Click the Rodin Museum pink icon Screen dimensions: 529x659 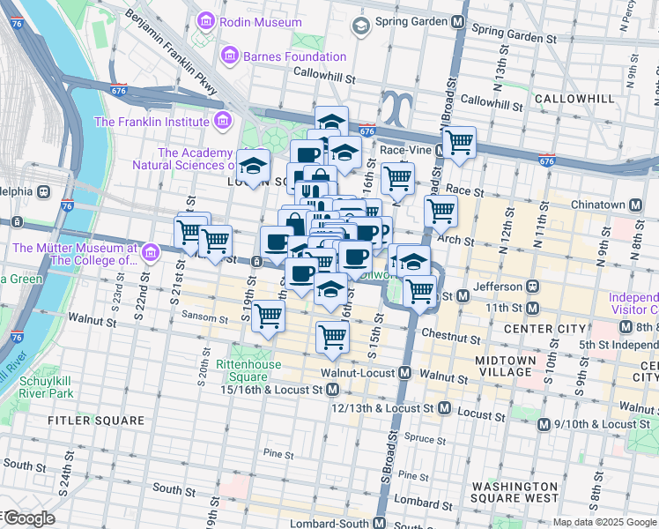(206, 19)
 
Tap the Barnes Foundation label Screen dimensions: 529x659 (295, 57)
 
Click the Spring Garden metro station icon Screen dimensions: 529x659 (457, 22)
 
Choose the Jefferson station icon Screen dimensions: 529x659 (531, 287)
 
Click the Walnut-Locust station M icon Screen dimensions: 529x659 (404, 374)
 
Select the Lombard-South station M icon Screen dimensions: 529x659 (379, 523)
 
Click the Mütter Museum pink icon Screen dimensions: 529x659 (151, 254)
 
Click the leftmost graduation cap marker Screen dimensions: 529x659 (254, 167)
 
